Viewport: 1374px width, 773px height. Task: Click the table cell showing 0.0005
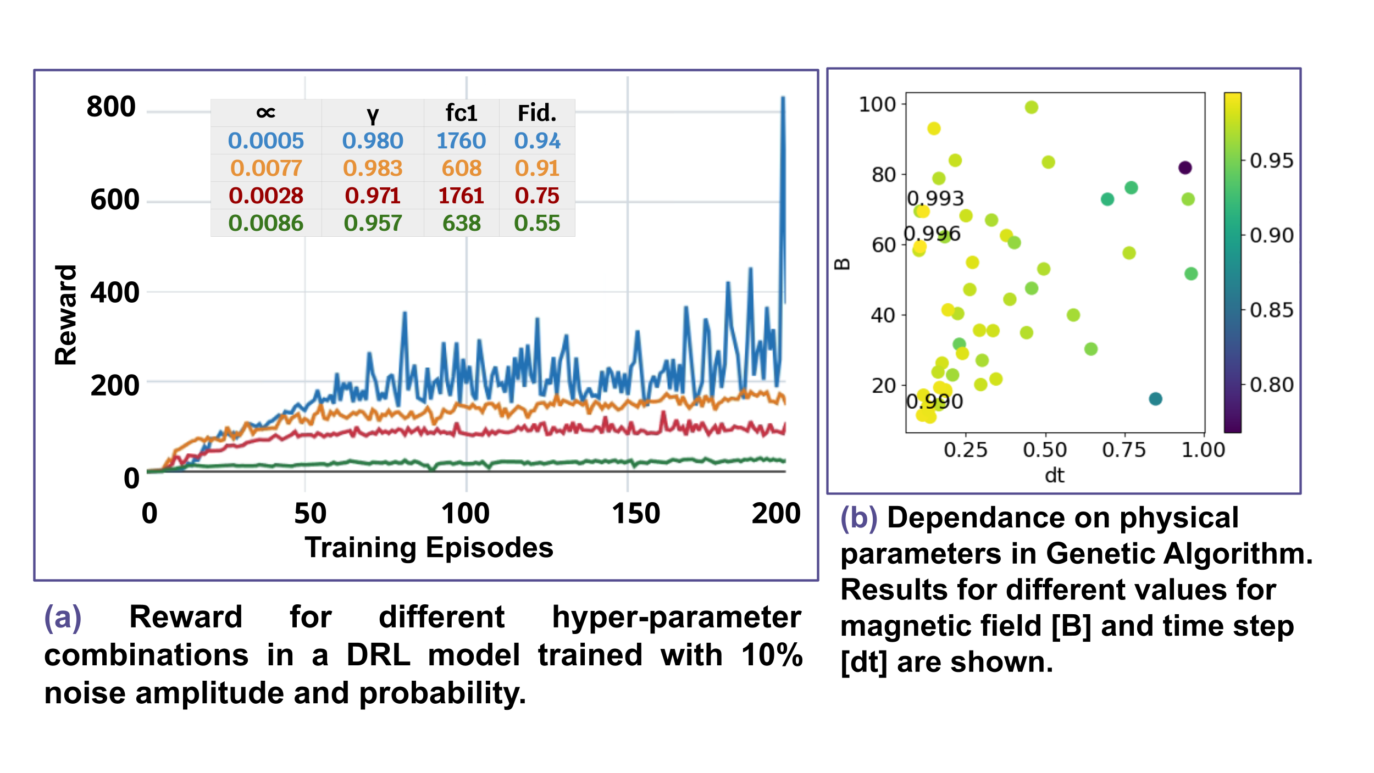tap(266, 141)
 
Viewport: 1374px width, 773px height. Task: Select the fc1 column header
tap(461, 113)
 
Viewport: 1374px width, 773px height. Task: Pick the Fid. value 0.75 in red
tap(537, 196)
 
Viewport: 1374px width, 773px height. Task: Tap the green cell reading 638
tap(462, 224)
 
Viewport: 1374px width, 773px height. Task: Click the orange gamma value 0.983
tap(373, 169)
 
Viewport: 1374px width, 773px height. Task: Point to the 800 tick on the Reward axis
tap(111, 107)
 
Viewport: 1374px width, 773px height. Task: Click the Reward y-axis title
tap(66, 315)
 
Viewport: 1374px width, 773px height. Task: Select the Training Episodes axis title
tap(429, 548)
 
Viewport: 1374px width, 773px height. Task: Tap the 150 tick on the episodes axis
tap(636, 514)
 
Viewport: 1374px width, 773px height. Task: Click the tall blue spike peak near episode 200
tap(783, 99)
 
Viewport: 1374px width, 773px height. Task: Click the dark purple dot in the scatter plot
tap(1185, 168)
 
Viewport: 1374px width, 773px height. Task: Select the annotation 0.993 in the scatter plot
tap(935, 198)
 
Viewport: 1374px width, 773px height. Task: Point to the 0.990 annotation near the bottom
tap(934, 402)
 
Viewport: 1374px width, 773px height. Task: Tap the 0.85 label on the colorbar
tap(1271, 310)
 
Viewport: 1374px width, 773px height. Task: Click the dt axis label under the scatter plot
tap(1054, 475)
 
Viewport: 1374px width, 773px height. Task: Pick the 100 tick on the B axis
tap(877, 104)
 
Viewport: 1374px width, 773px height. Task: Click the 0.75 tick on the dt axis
tap(1123, 450)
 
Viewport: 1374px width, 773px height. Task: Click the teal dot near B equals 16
tap(1155, 399)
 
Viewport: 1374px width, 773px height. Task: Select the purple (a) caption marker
tap(63, 618)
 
